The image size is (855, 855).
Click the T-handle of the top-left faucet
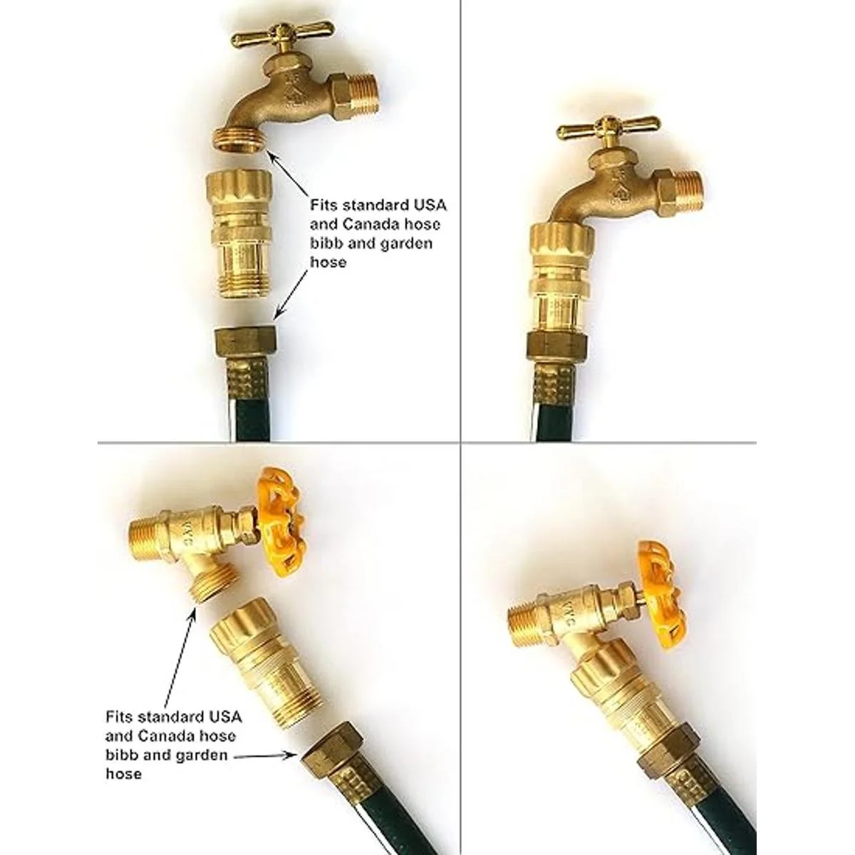[284, 35]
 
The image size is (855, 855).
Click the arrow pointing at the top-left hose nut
[290, 294]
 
